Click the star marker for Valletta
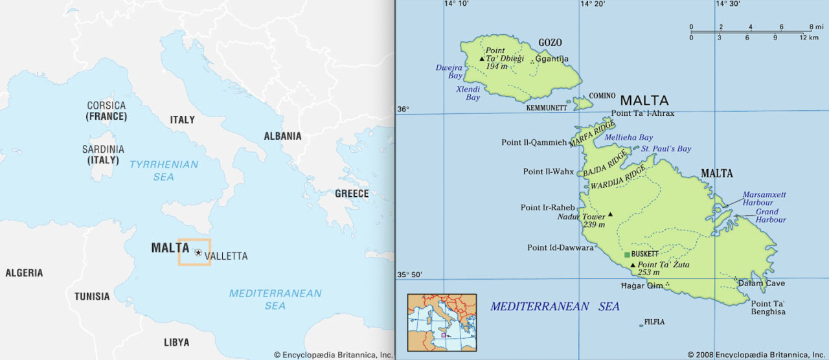198,253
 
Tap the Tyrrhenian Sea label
163,170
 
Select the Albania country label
282,136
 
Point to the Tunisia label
92,297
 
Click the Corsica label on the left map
106,106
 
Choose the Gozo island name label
550,43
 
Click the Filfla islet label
654,322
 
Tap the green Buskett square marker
627,254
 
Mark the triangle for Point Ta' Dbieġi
481,59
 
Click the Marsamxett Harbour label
764,198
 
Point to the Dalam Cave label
762,284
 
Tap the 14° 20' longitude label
592,4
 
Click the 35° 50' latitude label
409,275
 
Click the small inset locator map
442,322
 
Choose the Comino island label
602,96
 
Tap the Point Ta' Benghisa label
768,308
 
